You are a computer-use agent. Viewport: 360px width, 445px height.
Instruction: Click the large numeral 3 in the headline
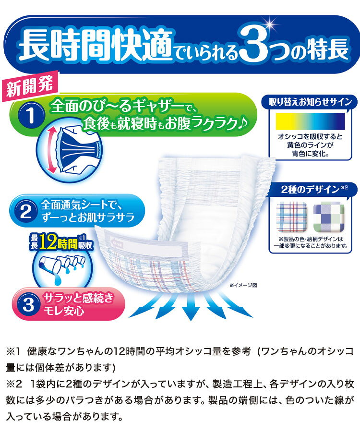point(253,43)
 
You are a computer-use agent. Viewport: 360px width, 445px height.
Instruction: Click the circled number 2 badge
point(26,211)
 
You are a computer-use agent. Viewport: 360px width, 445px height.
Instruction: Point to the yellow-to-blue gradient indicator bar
point(310,121)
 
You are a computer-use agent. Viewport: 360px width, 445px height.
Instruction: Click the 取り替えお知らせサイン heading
point(311,102)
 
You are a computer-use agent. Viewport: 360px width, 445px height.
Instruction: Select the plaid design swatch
point(292,216)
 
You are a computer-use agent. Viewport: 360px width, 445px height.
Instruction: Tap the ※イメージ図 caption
point(243,285)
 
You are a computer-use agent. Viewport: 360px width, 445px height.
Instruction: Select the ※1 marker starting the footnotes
point(13,351)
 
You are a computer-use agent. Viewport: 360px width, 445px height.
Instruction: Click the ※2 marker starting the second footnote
point(14,384)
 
